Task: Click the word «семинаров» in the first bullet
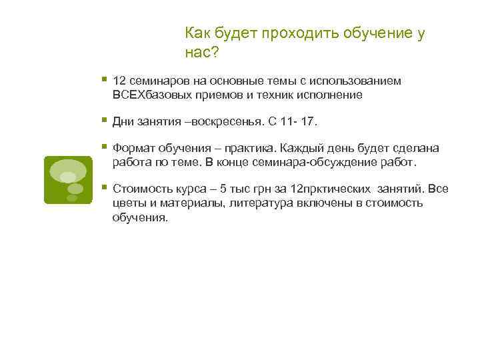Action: point(155,81)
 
